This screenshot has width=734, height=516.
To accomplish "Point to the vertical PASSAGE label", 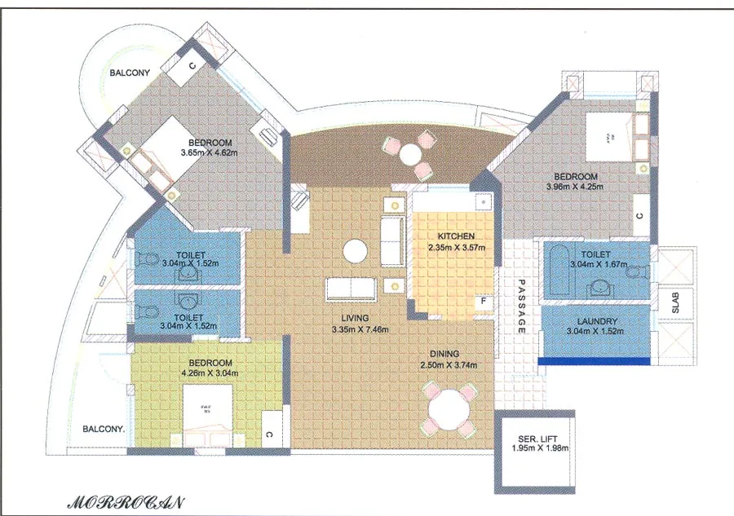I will (x=520, y=309).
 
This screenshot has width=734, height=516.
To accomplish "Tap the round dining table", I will (x=445, y=408).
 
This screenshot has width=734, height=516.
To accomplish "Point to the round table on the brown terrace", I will (x=412, y=153).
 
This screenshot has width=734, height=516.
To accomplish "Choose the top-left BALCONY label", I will (x=131, y=73).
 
